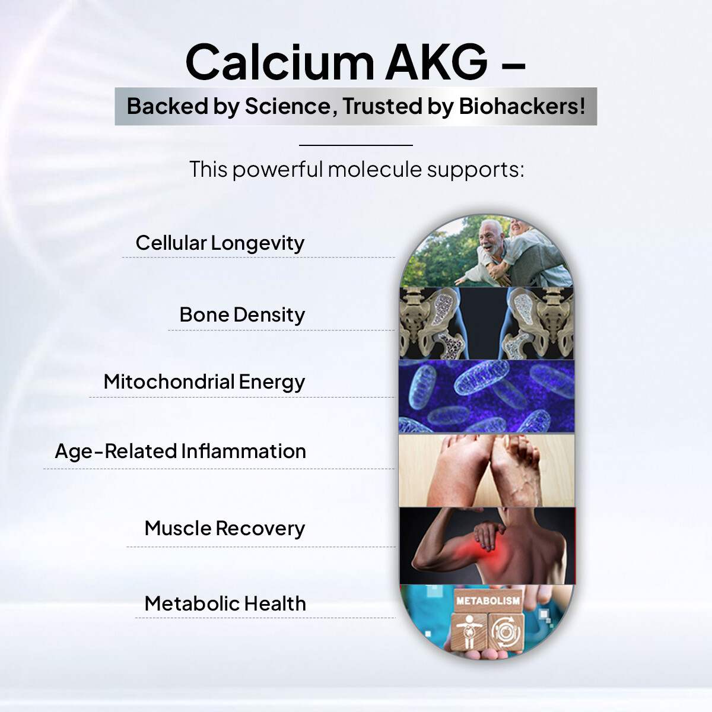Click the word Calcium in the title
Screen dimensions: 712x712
click(x=279, y=62)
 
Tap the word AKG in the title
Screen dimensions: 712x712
click(x=436, y=62)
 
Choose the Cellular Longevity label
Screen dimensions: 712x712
click(x=220, y=243)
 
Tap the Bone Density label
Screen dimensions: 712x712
click(x=242, y=314)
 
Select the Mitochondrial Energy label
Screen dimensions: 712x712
click(x=204, y=382)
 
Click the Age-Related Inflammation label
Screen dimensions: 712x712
click(x=180, y=451)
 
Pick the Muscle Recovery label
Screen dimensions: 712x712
click(x=224, y=528)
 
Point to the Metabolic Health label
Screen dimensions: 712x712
click(x=225, y=603)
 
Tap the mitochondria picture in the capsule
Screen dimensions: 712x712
click(x=487, y=396)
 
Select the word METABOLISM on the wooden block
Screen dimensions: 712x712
click(x=488, y=600)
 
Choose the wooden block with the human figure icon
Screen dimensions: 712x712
click(x=469, y=632)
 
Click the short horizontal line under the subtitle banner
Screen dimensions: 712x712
click(x=355, y=145)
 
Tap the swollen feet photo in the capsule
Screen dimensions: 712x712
click(x=487, y=470)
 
